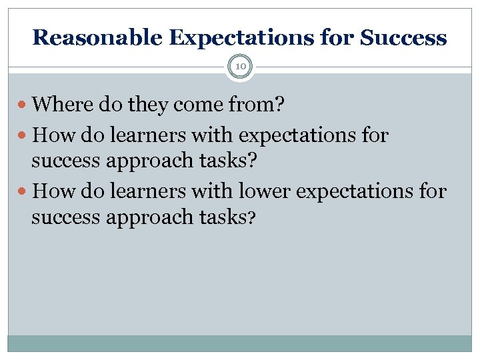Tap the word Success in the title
[403, 37]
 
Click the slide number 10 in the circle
[240, 67]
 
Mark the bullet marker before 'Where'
[25, 105]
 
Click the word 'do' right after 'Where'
[106, 104]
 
